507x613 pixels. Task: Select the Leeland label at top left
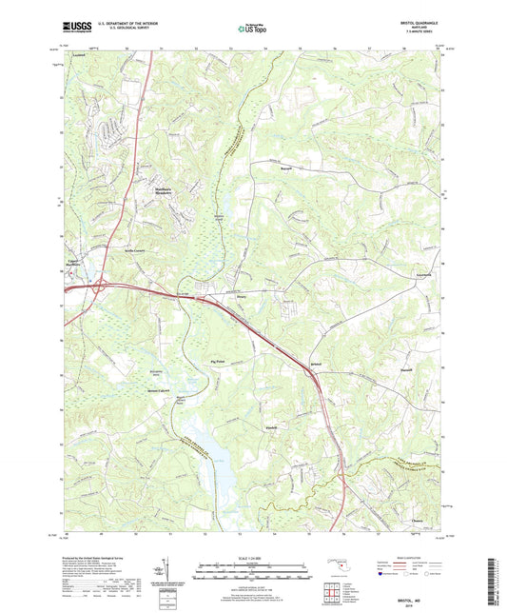click(65, 58)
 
